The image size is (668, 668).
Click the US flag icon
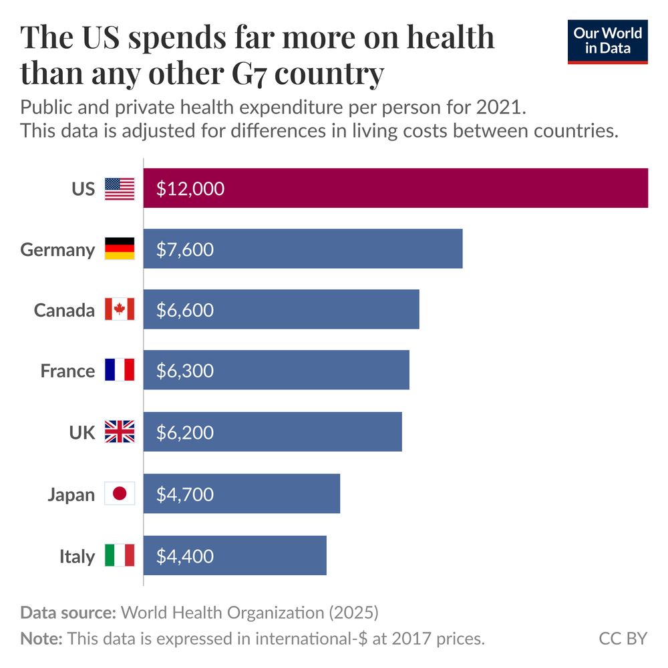[120, 189]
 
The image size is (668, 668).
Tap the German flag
[120, 249]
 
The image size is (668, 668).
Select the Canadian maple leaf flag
[120, 310]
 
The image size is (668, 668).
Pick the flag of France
[120, 370]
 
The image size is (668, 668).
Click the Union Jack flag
[120, 432]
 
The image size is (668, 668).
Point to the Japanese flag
[120, 494]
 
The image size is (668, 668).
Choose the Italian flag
[120, 556]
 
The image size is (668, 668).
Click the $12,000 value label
[190, 189]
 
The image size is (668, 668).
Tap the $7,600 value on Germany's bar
[185, 249]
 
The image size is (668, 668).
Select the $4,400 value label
[185, 556]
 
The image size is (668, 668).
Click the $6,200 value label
[185, 432]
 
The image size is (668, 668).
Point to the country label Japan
[71, 495]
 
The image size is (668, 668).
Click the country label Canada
[64, 311]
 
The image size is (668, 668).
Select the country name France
[67, 371]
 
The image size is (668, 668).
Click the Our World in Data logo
[607, 41]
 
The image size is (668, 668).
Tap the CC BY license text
[623, 639]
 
